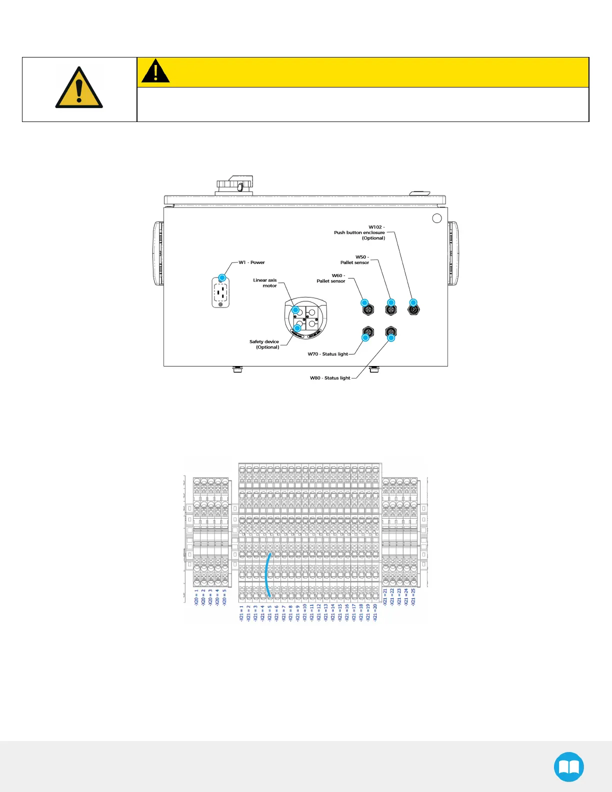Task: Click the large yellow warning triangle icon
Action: click(x=79, y=89)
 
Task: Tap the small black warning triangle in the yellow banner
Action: click(x=155, y=71)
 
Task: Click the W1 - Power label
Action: click(x=251, y=262)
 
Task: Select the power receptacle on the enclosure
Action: click(x=220, y=293)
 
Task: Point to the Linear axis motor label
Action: click(x=265, y=283)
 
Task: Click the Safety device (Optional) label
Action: click(x=264, y=344)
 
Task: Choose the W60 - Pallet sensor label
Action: click(x=331, y=278)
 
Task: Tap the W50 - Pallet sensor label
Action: click(x=355, y=260)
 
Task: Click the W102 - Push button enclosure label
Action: click(x=360, y=232)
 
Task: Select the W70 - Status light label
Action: click(x=328, y=354)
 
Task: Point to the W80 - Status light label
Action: click(x=330, y=378)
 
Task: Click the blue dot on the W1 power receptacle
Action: click(x=222, y=277)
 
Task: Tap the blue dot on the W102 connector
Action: click(x=413, y=302)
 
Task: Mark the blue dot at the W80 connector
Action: click(x=391, y=337)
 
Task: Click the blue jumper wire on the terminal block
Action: click(x=267, y=575)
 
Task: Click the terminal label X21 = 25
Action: click(x=413, y=597)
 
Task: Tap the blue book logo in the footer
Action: click(x=569, y=767)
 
